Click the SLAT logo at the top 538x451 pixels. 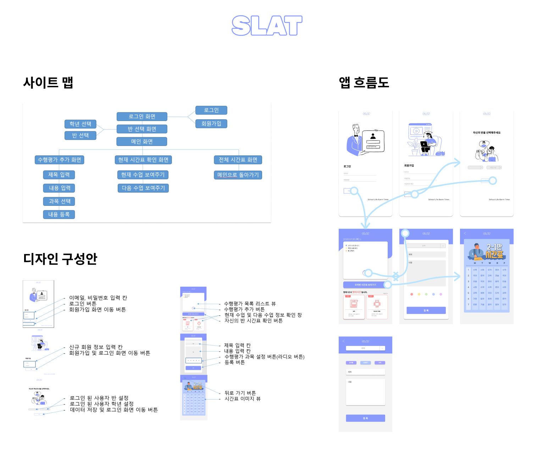point(267,26)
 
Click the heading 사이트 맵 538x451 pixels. point(48,82)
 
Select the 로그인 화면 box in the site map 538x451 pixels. point(142,116)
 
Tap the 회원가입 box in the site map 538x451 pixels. point(211,123)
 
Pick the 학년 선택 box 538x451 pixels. point(81,124)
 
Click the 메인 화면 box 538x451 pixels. point(142,142)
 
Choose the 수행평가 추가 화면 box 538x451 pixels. point(60,160)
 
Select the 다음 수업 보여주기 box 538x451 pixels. point(143,188)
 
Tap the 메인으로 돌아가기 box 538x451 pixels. point(238,175)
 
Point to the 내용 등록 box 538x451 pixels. point(59,214)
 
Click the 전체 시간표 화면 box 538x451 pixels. point(238,160)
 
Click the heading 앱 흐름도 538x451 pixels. point(364,82)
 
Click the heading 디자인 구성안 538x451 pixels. point(60,259)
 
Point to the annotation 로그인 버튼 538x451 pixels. point(83,304)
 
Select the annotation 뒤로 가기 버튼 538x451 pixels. point(240,393)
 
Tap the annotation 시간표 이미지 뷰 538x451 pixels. point(243,398)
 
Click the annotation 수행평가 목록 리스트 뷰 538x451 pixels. point(250,304)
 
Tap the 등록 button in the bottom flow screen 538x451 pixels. point(365,418)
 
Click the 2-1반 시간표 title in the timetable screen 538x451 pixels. point(494,251)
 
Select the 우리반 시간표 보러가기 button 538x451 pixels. point(365,285)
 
